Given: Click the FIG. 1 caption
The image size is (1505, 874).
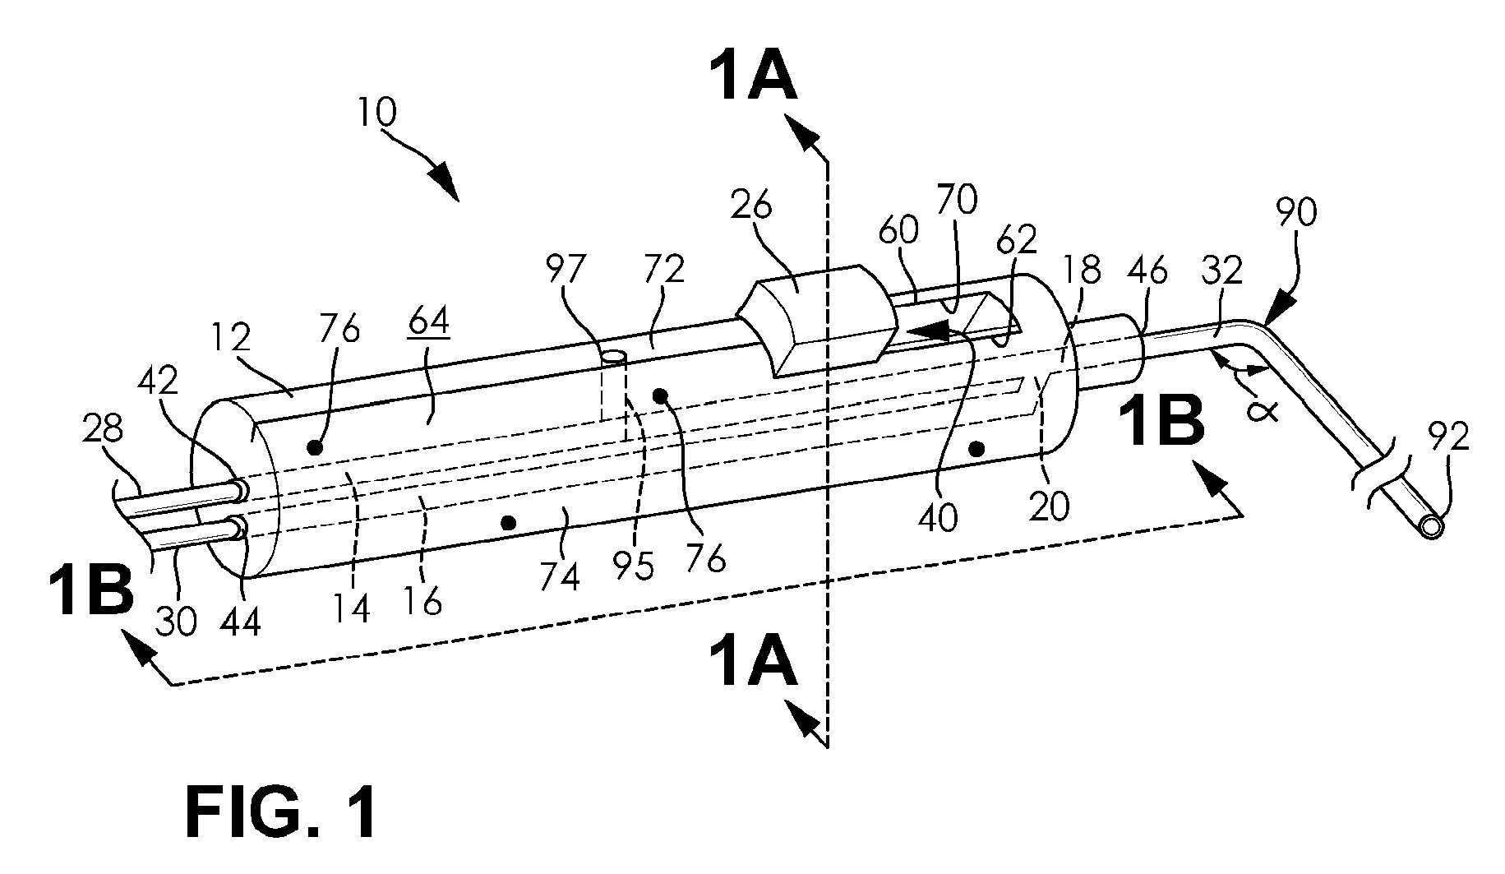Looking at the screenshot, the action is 282,812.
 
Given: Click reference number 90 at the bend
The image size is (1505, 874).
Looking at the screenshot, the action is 1295,213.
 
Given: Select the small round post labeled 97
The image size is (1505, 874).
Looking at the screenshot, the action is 614,358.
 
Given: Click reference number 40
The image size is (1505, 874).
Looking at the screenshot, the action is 938,518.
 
